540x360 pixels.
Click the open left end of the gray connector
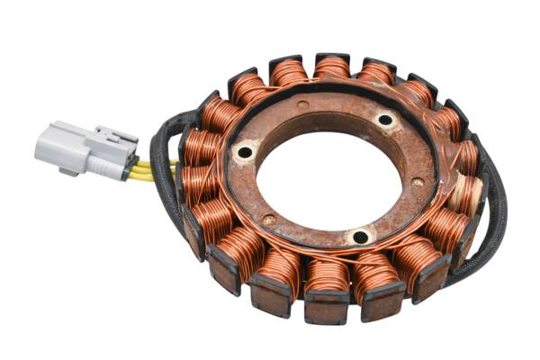(x=40, y=148)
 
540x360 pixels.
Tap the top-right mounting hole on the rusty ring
(x=385, y=120)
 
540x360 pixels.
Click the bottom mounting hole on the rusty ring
(x=360, y=237)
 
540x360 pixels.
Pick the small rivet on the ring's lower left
(x=267, y=219)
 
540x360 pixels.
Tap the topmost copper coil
(x=332, y=68)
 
